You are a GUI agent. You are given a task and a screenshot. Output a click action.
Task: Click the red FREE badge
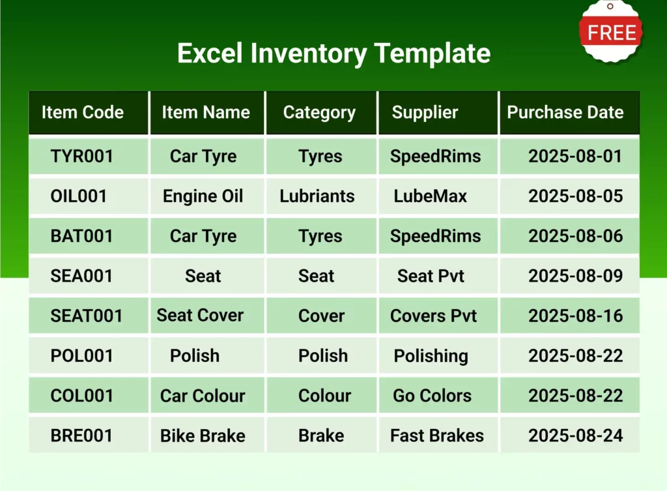click(x=611, y=32)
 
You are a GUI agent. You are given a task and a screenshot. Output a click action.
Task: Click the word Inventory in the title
click(x=308, y=53)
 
